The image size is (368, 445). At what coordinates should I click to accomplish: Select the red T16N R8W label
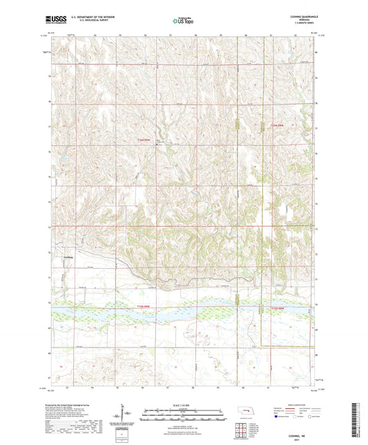coord(277,125)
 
